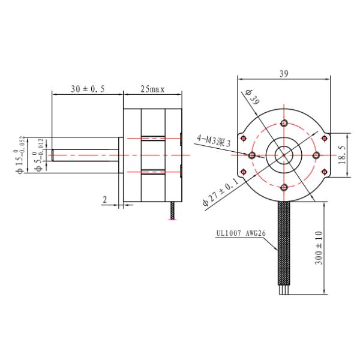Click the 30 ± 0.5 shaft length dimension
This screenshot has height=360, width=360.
(x=88, y=89)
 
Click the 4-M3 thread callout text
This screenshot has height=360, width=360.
(x=214, y=141)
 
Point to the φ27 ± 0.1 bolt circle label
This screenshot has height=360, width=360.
(x=221, y=191)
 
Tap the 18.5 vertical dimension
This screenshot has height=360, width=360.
(x=341, y=154)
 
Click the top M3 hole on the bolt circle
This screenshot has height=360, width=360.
(x=284, y=123)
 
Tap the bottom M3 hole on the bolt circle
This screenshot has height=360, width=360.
(x=284, y=187)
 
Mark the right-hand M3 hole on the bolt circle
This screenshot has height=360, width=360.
(x=316, y=155)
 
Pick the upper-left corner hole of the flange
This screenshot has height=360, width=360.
(x=243, y=139)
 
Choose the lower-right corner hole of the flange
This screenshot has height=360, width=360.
(x=325, y=171)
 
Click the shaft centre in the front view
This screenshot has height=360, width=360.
(x=284, y=155)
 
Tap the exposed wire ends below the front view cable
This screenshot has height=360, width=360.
(x=284, y=290)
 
